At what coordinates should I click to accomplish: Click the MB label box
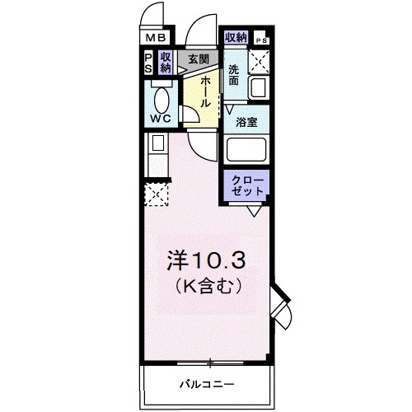155,38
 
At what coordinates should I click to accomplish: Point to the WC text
162,118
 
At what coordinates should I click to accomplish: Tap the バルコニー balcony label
207,384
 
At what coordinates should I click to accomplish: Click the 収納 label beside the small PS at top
236,37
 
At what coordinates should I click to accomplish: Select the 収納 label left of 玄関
166,63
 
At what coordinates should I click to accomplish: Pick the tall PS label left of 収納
147,63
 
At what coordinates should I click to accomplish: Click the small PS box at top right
261,40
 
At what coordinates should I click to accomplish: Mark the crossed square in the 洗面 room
260,60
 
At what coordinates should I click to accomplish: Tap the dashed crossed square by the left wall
156,194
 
